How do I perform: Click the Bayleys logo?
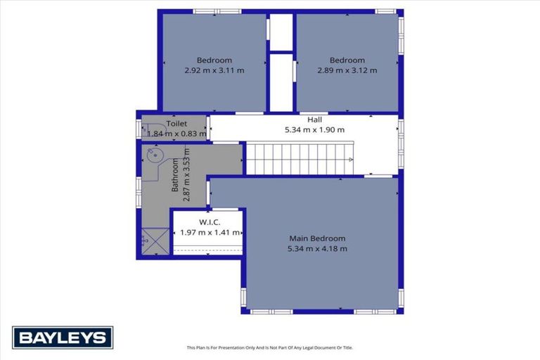[63, 337]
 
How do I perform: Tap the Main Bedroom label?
[317, 238]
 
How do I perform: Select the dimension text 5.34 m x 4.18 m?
[317, 248]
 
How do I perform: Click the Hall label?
[315, 120]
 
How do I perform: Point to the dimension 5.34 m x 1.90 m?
[314, 130]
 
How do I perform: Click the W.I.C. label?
[210, 222]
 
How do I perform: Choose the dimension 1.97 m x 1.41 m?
[210, 233]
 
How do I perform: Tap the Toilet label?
[176, 123]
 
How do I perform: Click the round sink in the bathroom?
[155, 155]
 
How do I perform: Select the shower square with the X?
[155, 241]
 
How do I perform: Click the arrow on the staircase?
[350, 160]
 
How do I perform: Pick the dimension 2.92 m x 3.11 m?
[214, 70]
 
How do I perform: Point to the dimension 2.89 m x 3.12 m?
[347, 70]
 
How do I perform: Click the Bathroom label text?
[175, 174]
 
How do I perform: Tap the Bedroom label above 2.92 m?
[214, 60]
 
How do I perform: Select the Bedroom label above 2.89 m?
[347, 60]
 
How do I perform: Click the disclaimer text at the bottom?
[270, 347]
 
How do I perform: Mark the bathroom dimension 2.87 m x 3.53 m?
[186, 174]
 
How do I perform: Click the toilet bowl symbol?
[155, 129]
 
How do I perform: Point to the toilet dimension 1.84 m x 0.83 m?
[177, 134]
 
